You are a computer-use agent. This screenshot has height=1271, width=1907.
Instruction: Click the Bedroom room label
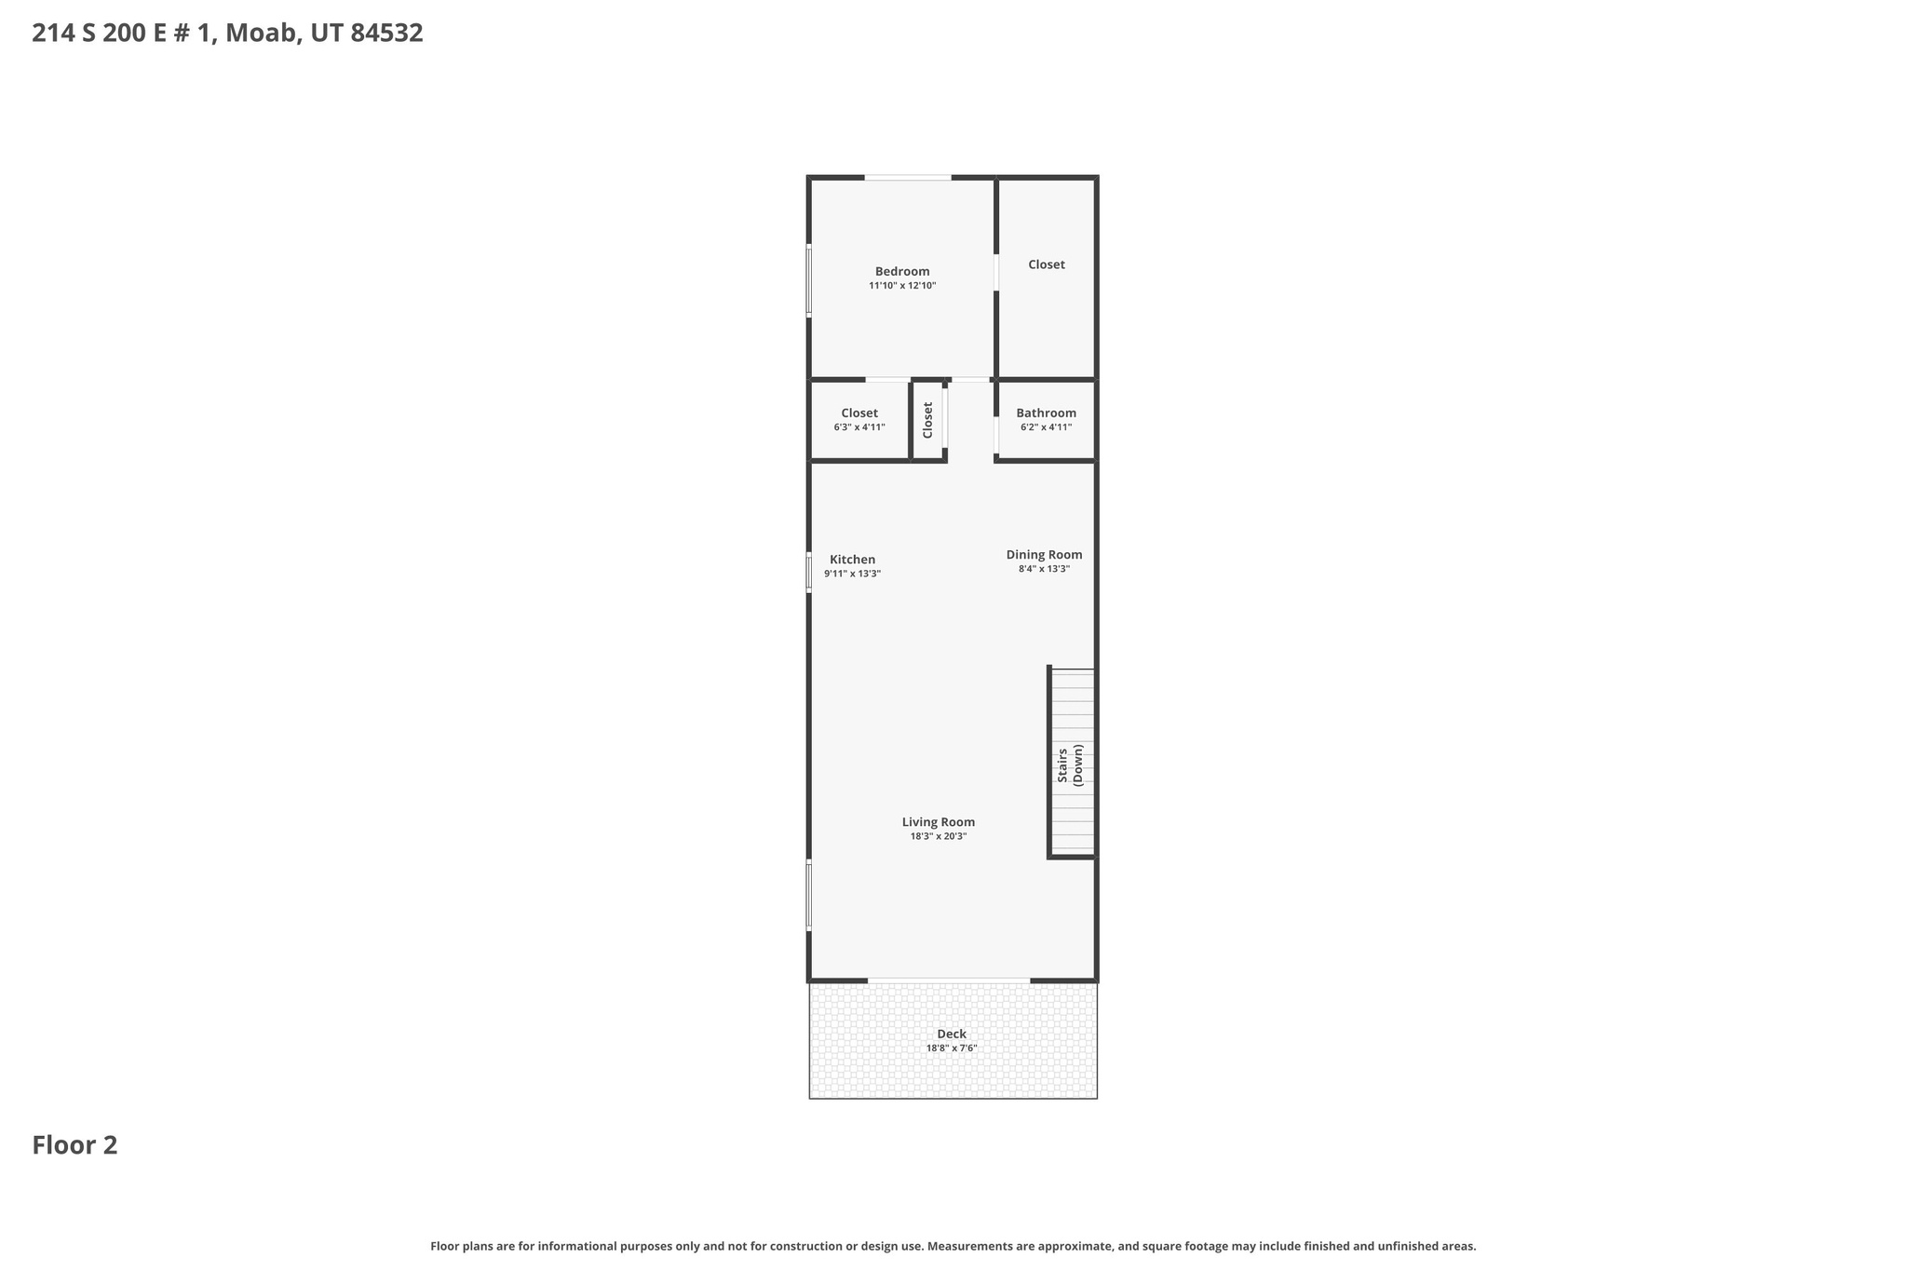(901, 271)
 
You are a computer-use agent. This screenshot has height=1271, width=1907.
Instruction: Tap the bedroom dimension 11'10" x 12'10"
(901, 286)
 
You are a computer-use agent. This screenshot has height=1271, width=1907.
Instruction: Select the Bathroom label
(1046, 412)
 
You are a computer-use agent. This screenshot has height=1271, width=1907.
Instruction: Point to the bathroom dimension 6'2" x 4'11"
(1046, 427)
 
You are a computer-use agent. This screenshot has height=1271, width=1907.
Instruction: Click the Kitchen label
(852, 560)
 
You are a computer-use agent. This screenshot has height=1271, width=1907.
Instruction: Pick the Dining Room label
(1044, 554)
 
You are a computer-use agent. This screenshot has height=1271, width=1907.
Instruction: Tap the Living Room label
(938, 821)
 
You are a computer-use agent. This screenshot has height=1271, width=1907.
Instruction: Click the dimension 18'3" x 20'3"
(938, 836)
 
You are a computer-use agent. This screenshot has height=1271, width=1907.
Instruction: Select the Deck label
(951, 1034)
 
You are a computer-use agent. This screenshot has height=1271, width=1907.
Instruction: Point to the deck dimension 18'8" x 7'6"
(951, 1048)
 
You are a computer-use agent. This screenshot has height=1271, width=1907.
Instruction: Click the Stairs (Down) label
(1071, 764)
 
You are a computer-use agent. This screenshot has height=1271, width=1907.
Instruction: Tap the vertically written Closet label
(927, 420)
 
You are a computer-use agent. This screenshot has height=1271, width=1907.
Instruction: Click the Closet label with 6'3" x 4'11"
(859, 412)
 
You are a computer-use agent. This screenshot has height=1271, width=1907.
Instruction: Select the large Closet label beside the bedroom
(1046, 264)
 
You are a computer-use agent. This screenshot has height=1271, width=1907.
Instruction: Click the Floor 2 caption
(74, 1145)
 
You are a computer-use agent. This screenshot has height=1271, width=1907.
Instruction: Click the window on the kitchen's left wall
(808, 572)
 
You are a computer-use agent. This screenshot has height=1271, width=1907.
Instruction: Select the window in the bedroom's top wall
(907, 177)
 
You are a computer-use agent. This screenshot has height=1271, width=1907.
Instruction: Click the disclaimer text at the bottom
(953, 1246)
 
